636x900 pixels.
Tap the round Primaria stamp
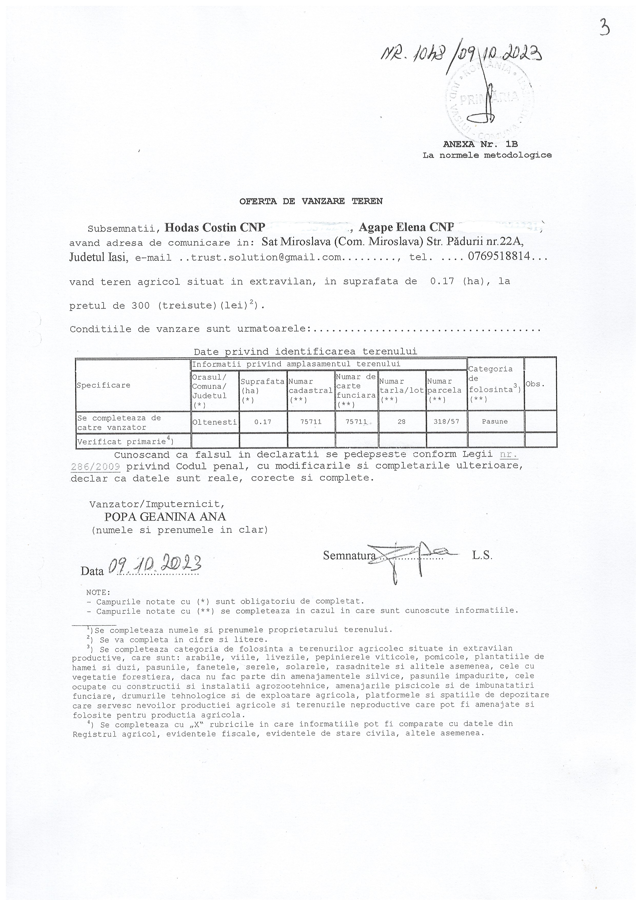(490, 102)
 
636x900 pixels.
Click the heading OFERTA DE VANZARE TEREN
(311, 201)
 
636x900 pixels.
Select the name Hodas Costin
(200, 227)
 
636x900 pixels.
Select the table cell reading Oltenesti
(215, 422)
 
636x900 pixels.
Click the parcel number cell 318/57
(446, 422)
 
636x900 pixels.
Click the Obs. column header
(535, 384)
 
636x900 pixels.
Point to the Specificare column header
(103, 385)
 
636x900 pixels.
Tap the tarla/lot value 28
(401, 422)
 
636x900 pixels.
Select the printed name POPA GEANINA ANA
(165, 517)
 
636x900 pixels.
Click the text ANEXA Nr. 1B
(480, 144)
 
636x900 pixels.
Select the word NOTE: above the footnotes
(98, 592)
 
